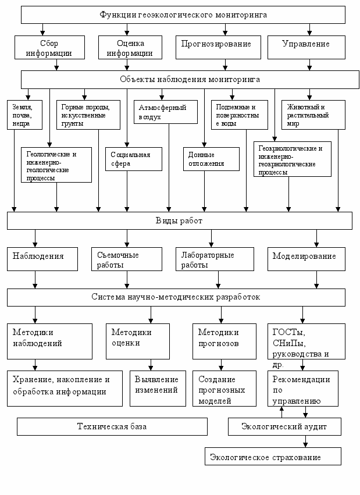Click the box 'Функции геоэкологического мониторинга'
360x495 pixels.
[183, 15]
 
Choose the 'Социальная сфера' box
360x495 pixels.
[134, 159]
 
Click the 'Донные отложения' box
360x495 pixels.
[211, 159]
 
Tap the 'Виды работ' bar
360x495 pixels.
[180, 220]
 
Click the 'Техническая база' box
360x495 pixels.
[112, 426]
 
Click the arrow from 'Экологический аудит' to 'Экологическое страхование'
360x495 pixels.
[305, 441]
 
